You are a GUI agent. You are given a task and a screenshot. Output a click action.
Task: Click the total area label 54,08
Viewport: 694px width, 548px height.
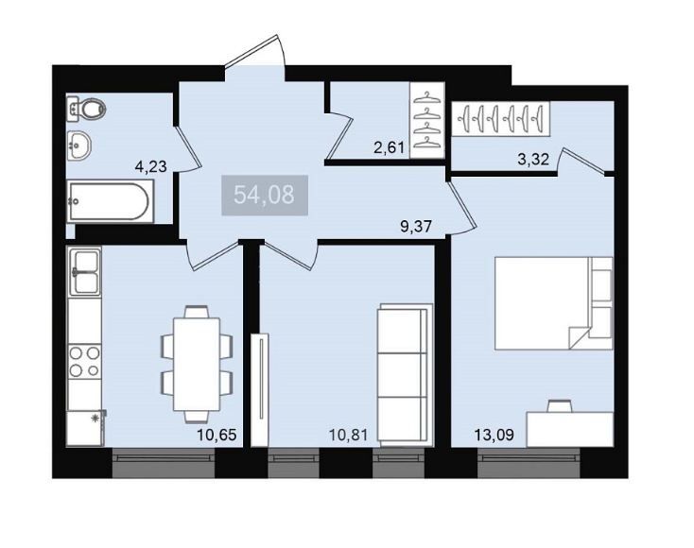tap(264, 195)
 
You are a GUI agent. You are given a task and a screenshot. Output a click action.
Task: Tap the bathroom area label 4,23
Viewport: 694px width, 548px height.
tap(151, 166)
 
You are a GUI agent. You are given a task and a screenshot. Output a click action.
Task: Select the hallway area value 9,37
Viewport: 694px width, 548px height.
tap(416, 227)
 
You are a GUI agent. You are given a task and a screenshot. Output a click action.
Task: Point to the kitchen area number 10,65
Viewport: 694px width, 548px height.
tap(217, 435)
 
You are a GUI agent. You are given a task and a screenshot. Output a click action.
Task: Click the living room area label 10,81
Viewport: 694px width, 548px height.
tap(348, 435)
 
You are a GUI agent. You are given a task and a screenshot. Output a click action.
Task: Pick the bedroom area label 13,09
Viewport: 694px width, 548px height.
tap(494, 435)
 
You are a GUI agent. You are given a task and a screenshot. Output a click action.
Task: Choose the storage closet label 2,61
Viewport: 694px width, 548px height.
tap(389, 147)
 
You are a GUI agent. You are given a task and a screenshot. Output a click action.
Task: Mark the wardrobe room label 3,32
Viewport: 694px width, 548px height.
tap(533, 160)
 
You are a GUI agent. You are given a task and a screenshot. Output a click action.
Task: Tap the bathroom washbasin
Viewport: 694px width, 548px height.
tap(79, 146)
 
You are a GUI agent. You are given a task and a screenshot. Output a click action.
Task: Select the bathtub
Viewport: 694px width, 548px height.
tap(110, 201)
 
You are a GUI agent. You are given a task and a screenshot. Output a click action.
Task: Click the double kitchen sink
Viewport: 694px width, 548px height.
tap(84, 271)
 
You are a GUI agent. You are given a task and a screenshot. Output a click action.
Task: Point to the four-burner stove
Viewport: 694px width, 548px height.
tap(84, 361)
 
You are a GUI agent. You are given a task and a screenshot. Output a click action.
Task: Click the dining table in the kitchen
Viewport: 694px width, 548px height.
tap(197, 365)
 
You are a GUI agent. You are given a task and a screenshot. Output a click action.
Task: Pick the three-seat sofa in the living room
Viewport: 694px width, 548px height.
tap(405, 373)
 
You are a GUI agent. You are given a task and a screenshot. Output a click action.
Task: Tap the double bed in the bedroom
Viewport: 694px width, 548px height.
tap(554, 303)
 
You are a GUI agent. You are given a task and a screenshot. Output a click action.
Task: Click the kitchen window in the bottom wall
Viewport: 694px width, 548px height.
tap(164, 463)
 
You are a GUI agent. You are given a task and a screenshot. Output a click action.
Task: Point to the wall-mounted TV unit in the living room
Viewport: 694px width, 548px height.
tap(260, 389)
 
